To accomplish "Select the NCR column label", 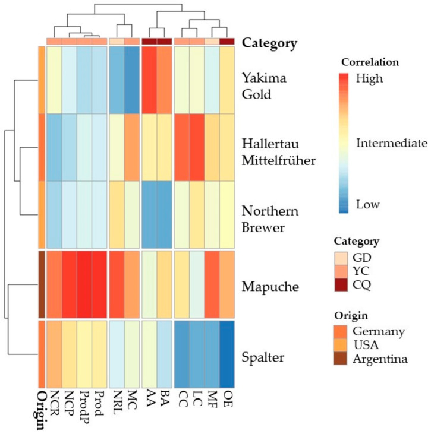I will [54, 400].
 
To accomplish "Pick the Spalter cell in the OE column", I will [227, 354].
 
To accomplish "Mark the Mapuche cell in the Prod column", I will [100, 284].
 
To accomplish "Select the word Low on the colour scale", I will [368, 205].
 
